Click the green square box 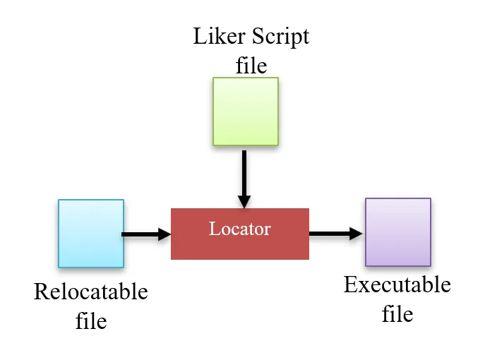pyautogui.click(x=246, y=111)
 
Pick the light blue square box pyautogui.click(x=91, y=233)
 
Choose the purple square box pyautogui.click(x=397, y=232)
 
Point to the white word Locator pyautogui.click(x=239, y=229)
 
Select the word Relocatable pyautogui.click(x=91, y=292)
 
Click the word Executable pyautogui.click(x=397, y=284)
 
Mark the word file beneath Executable pyautogui.click(x=397, y=313)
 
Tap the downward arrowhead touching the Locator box pyautogui.click(x=244, y=200)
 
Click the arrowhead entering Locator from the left pyautogui.click(x=164, y=234)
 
